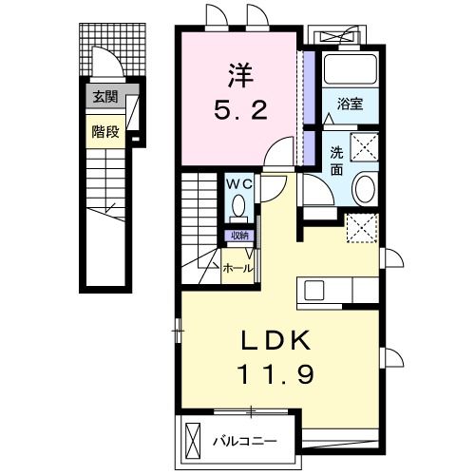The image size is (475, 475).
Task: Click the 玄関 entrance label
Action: [105, 97]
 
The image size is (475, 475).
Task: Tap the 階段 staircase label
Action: [105, 132]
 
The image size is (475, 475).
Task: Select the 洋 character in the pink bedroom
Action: [240, 76]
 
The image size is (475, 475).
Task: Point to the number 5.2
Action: [240, 109]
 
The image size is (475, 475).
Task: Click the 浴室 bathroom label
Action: [350, 104]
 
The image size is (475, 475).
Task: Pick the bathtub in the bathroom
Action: [351, 69]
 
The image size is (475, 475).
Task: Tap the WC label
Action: [239, 183]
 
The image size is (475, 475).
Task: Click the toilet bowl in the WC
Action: [238, 206]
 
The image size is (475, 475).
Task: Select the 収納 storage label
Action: [239, 236]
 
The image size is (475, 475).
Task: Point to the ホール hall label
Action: [238, 269]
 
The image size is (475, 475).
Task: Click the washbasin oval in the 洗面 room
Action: [365, 189]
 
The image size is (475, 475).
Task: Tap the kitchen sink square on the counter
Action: [313, 291]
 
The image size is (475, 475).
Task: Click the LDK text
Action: [275, 341]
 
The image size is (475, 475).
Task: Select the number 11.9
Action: [275, 373]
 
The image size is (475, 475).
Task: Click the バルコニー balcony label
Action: [244, 441]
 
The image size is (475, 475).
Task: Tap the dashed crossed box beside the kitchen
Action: [362, 228]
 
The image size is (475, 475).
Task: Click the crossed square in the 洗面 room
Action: [364, 147]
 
